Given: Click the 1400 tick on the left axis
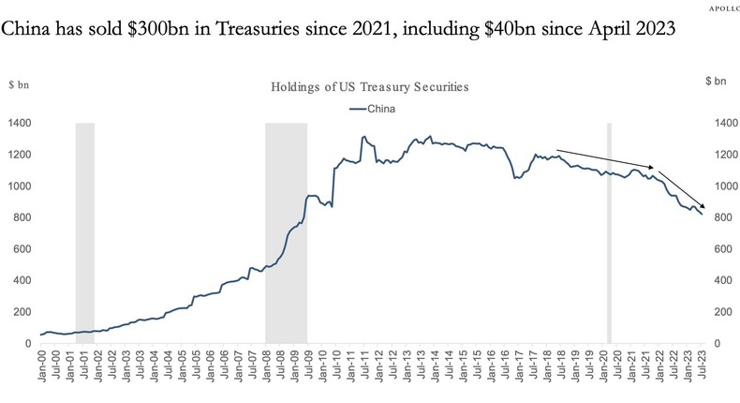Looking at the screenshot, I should coord(20,123).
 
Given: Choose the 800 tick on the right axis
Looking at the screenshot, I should coord(725,217).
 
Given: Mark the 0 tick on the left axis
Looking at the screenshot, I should coord(28,344).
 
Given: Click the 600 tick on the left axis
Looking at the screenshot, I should coord(22,249).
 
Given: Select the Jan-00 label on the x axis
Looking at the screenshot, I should coord(42,366).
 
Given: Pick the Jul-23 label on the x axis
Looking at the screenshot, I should coord(703,366).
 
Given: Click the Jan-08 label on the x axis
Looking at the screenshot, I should coord(267,366).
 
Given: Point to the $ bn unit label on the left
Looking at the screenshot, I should coord(20,84).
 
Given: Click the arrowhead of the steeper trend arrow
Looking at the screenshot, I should coord(704,210).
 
